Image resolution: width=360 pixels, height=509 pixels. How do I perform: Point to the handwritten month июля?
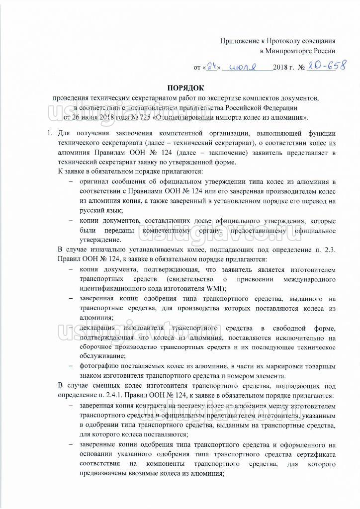coord(246,67)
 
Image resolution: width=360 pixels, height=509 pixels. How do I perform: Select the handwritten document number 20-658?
coord(326,66)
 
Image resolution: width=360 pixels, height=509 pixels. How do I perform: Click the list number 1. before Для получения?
coord(49,133)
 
